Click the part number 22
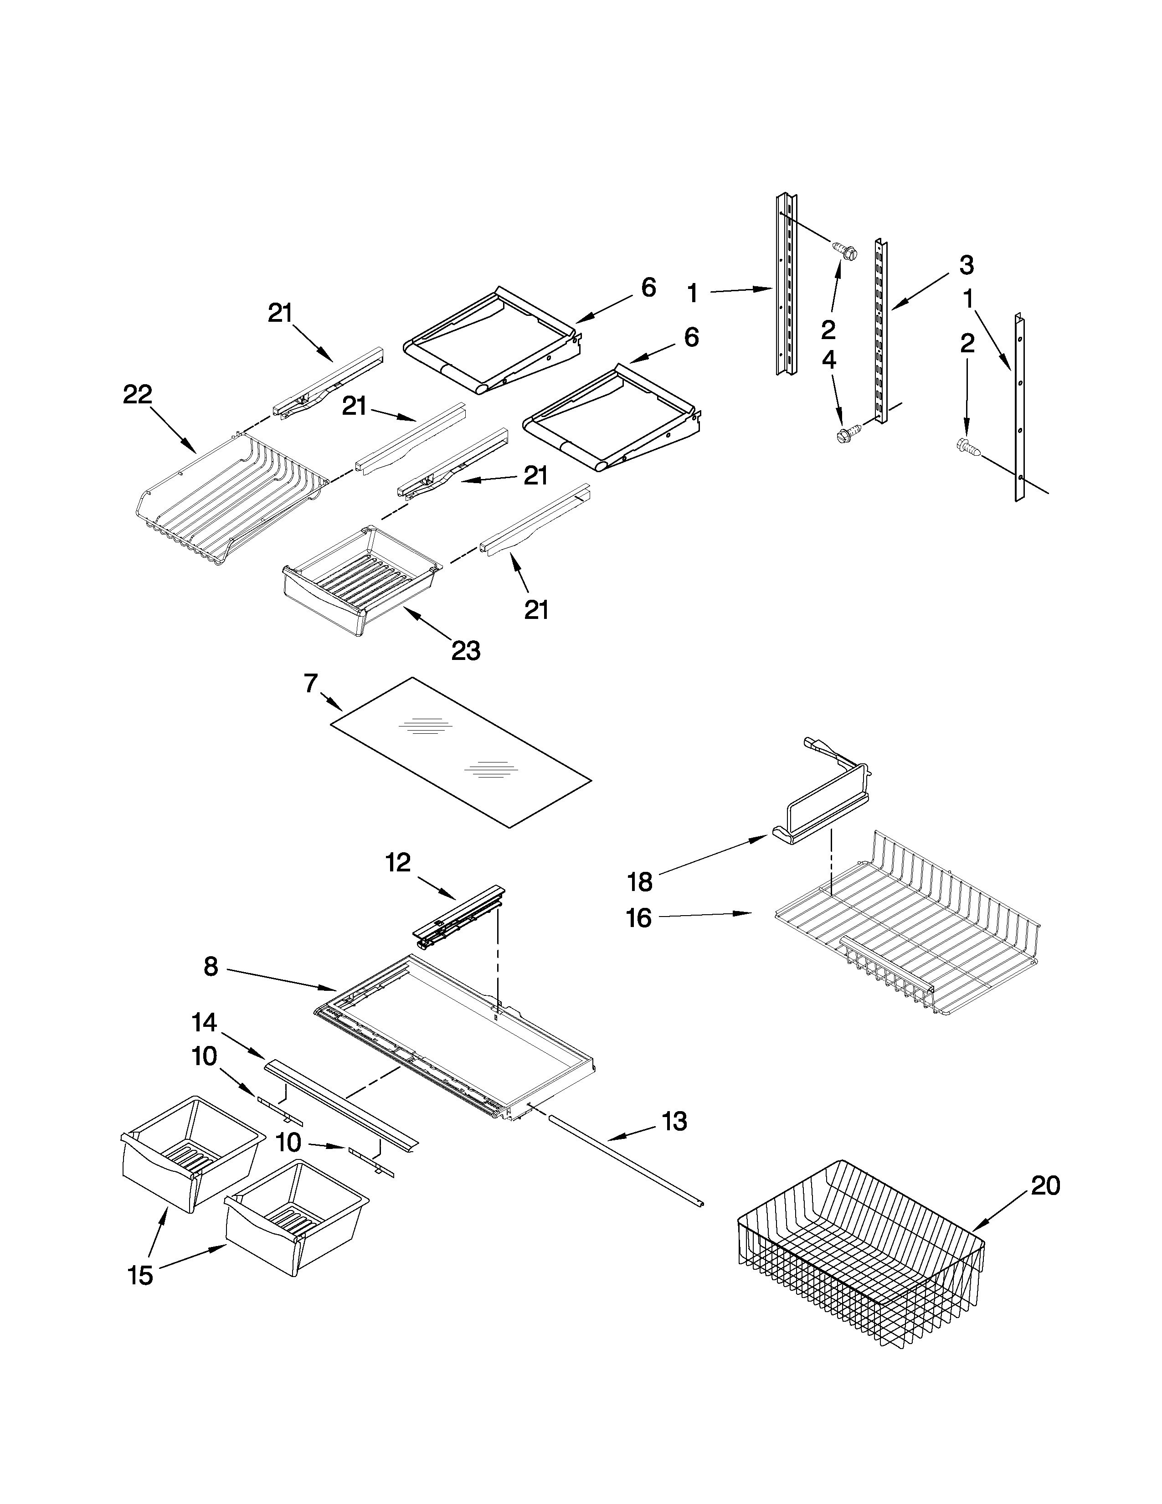click(x=137, y=395)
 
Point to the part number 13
click(x=674, y=1122)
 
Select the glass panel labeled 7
click(x=460, y=751)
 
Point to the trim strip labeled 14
click(x=341, y=1101)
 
